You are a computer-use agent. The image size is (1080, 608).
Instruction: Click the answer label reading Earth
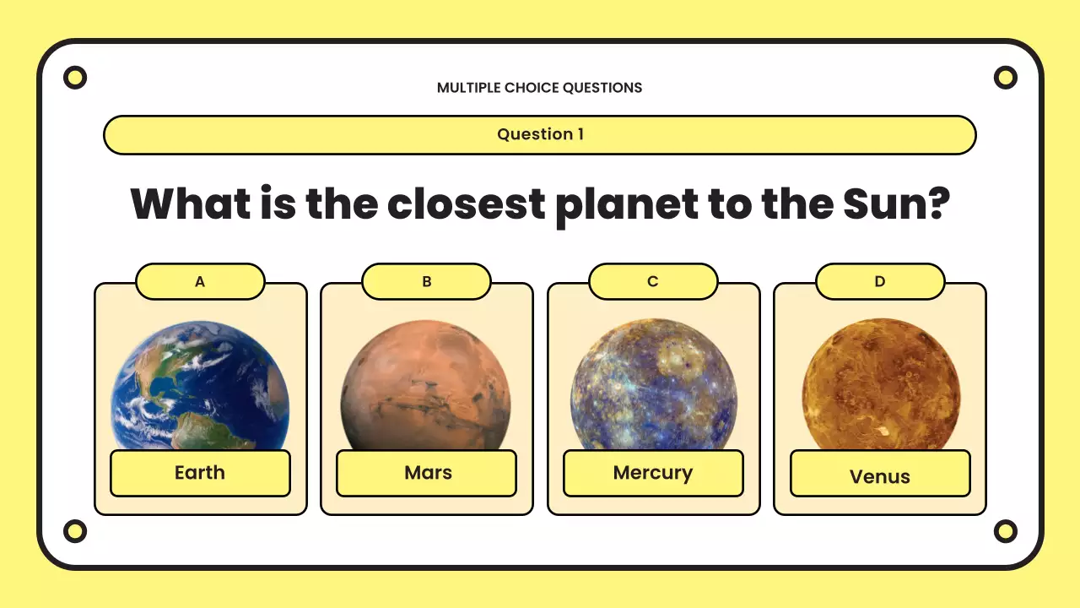pyautogui.click(x=200, y=473)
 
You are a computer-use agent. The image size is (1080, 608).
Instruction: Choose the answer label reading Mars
pyautogui.click(x=427, y=473)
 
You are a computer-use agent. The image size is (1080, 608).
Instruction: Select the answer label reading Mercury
pyautogui.click(x=653, y=473)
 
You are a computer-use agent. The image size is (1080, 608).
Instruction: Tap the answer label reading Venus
pyautogui.click(x=880, y=475)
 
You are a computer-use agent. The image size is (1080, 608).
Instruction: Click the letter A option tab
pyautogui.click(x=200, y=282)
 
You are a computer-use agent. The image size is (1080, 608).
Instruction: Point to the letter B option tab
pyautogui.click(x=426, y=282)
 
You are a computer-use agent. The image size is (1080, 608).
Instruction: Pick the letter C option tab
pyautogui.click(x=653, y=282)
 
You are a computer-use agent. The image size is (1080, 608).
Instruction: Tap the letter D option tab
pyautogui.click(x=880, y=282)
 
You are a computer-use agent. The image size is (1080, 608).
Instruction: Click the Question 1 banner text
pyautogui.click(x=540, y=134)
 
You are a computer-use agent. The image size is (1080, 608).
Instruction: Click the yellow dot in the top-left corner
pyautogui.click(x=75, y=78)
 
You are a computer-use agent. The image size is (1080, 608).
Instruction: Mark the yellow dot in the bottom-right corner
pyautogui.click(x=1005, y=531)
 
